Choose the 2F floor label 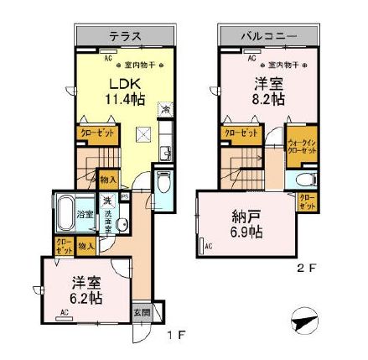(x=308, y=269)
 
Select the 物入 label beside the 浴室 (x=85, y=246)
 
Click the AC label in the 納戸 (x=207, y=245)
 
